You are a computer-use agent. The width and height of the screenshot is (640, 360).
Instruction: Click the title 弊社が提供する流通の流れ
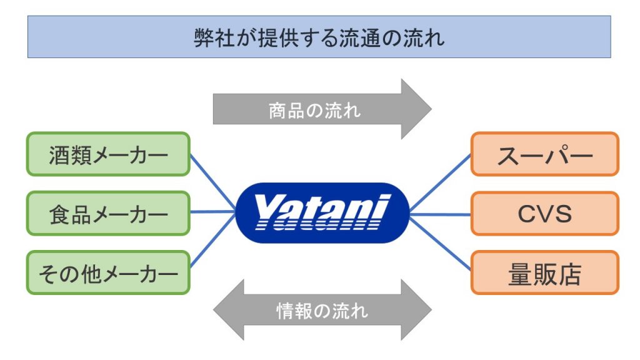tap(319, 38)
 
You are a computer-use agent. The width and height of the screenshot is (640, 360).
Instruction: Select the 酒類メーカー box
tap(108, 154)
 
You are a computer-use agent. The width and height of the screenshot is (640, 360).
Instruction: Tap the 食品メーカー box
tap(108, 214)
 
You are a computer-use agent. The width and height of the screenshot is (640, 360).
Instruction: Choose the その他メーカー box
tap(108, 272)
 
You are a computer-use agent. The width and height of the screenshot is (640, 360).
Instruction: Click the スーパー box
tap(545, 154)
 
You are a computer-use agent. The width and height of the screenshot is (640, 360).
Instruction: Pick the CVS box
tap(545, 214)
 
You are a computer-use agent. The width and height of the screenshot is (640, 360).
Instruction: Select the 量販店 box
tap(545, 272)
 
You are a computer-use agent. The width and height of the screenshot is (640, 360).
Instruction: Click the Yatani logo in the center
tap(322, 212)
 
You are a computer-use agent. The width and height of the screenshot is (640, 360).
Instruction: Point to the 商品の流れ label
tap(314, 111)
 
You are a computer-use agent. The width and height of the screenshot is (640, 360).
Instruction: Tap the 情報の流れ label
tap(322, 311)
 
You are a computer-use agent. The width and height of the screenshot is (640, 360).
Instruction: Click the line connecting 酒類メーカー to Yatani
tap(213, 182)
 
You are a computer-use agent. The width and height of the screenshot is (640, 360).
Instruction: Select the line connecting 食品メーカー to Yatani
tap(212, 212)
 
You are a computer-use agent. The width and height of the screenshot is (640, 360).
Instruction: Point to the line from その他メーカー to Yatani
tap(213, 241)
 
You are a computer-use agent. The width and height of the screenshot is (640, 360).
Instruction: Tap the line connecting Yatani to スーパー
tap(440, 182)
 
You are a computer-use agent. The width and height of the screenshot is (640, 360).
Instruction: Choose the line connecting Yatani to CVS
tap(440, 214)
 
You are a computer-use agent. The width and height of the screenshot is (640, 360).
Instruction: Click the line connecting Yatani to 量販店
tap(440, 243)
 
